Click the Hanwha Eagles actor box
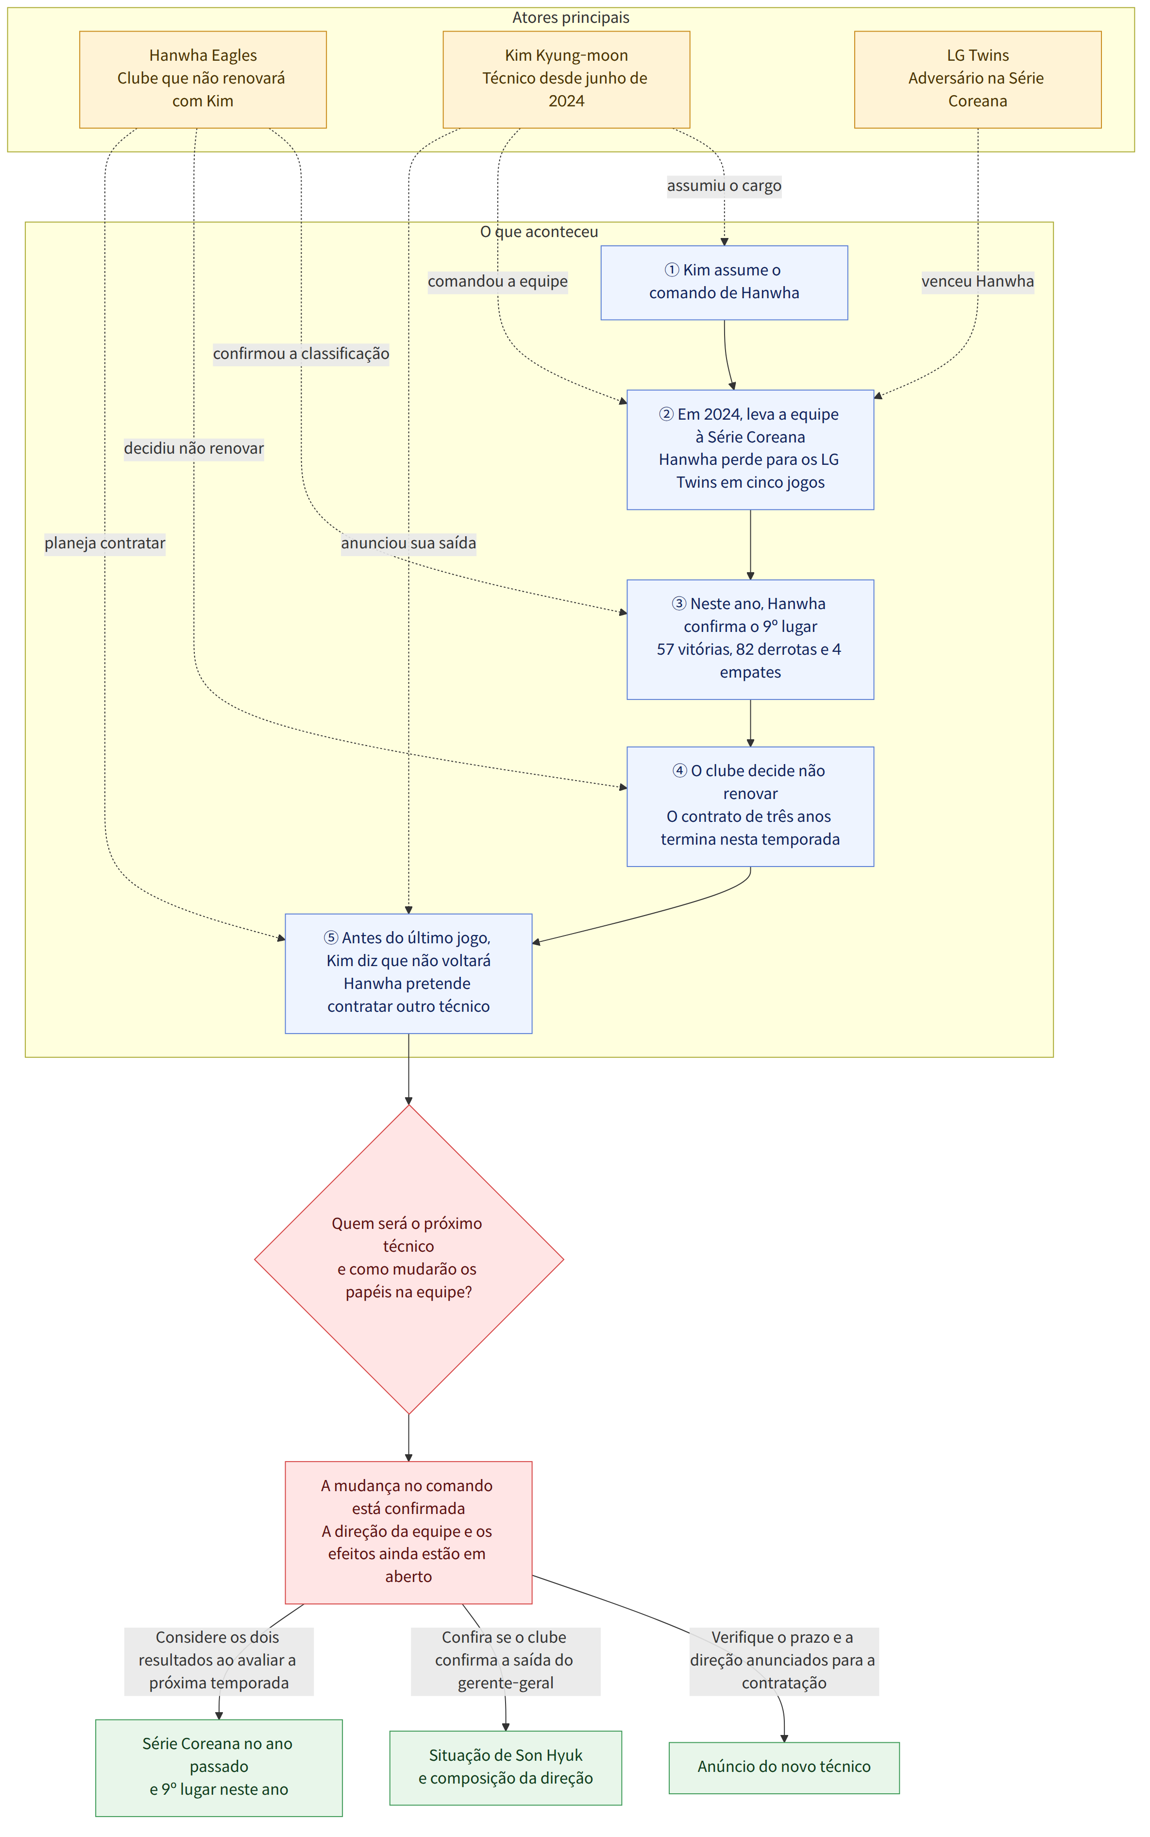point(203,79)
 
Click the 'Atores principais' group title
point(571,17)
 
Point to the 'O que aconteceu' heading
point(539,232)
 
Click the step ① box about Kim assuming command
point(724,282)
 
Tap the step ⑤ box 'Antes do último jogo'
point(408,973)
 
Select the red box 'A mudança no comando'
point(408,1532)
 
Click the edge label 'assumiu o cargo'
point(724,186)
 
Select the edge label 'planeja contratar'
point(105,543)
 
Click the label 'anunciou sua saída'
point(408,543)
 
